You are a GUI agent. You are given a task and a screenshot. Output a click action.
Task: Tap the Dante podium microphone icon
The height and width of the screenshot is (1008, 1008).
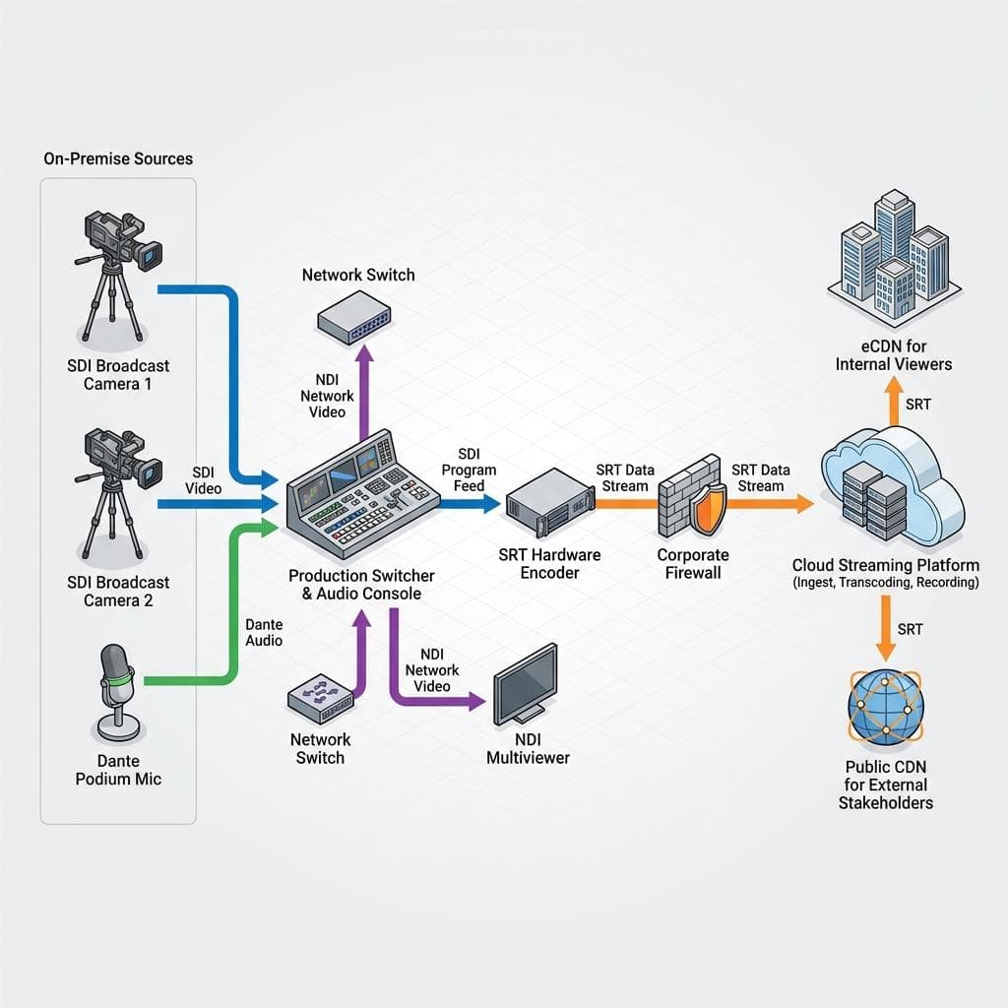117,689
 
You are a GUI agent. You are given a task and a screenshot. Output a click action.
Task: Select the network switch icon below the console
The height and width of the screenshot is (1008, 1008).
320,699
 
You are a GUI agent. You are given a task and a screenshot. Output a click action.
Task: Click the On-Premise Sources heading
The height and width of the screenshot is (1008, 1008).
118,158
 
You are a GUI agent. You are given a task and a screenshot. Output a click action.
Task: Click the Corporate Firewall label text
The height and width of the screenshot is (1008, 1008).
693,564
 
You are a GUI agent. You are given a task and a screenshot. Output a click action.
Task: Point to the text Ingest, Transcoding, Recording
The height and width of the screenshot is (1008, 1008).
885,583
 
